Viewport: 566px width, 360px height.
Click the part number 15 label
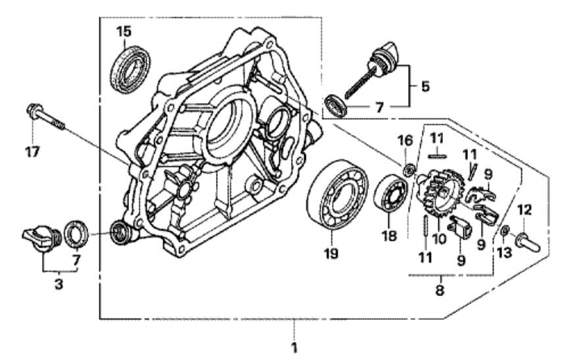[x=124, y=31]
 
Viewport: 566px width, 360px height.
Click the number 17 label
[x=32, y=152]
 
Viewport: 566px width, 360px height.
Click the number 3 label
[x=59, y=284]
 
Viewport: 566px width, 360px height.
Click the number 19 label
[x=330, y=253]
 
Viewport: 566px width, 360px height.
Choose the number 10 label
[x=440, y=238]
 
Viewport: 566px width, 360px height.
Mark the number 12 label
[x=524, y=211]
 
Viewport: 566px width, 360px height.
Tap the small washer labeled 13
[x=504, y=232]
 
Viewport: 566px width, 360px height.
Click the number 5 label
[x=425, y=86]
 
